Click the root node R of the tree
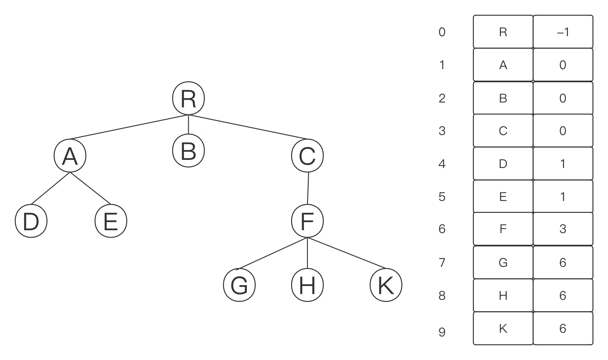tap(188, 98)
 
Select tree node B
tap(188, 151)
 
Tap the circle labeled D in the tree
tap(31, 221)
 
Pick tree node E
tap(111, 221)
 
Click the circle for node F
tap(307, 221)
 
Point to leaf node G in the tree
tap(239, 285)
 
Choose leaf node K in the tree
tap(386, 285)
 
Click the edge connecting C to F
tap(308, 188)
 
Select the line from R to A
tap(129, 127)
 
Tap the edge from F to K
tap(346, 253)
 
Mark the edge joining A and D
tap(50, 188)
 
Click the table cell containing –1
tap(563, 32)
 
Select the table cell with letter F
tap(503, 229)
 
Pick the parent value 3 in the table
tap(563, 229)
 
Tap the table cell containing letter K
tap(503, 329)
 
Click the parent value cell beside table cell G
tap(563, 262)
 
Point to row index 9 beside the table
tap(442, 332)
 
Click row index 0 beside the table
tap(442, 32)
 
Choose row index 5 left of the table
tap(442, 196)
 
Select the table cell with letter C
tap(503, 131)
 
